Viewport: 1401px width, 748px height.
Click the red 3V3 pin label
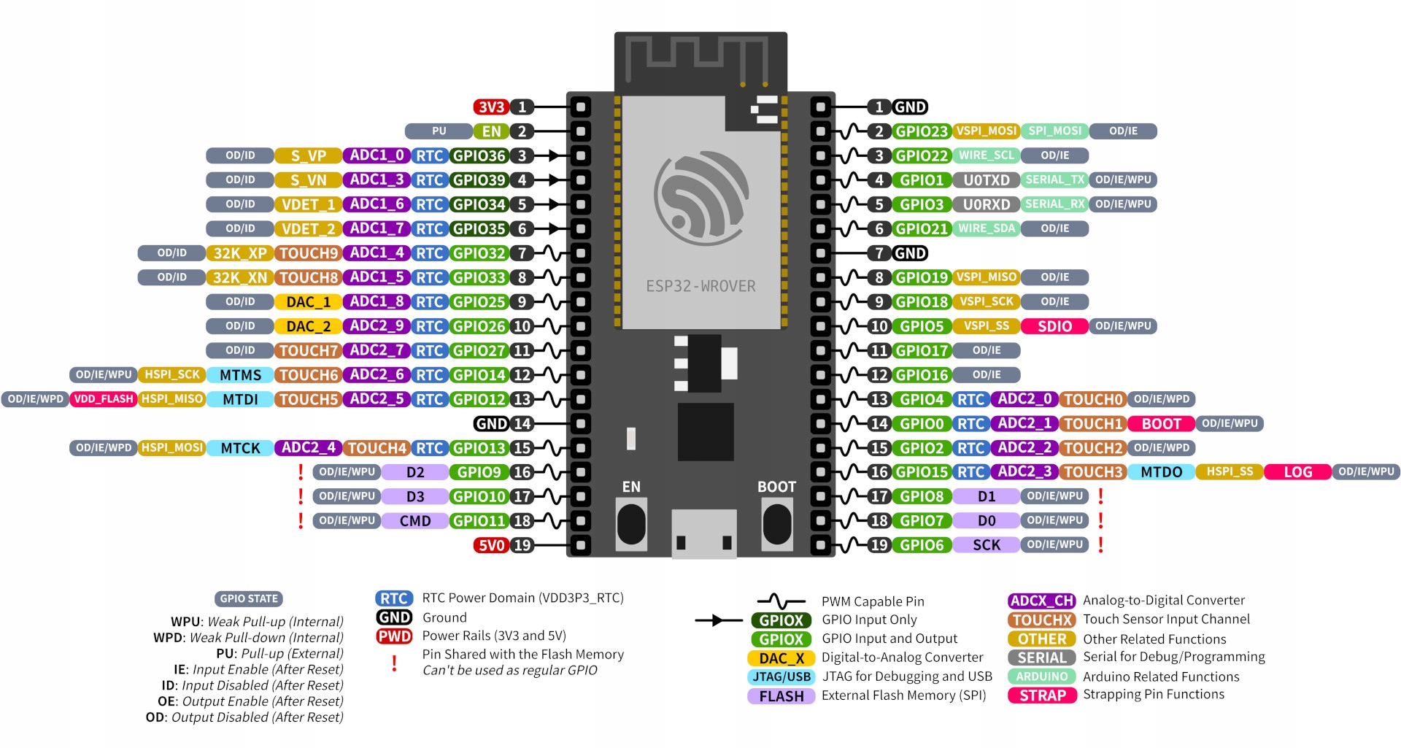(491, 107)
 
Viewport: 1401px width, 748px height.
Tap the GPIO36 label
(479, 155)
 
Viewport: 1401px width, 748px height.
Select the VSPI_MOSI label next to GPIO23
(986, 131)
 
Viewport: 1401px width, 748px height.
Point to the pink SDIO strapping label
(1054, 326)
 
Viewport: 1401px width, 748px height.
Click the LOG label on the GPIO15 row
(1297, 472)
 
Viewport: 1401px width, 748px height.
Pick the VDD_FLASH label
(104, 399)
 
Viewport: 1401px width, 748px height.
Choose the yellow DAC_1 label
(308, 302)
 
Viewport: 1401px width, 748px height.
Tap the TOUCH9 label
(309, 253)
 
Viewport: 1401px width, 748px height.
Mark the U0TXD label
(986, 180)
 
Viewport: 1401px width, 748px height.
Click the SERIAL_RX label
(1054, 204)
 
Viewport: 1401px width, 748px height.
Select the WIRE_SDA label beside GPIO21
(986, 229)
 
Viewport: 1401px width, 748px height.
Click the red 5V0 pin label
(491, 545)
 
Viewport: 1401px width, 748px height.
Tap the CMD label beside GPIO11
(414, 521)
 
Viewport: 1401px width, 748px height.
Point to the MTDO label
(1161, 472)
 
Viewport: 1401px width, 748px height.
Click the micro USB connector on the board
(703, 534)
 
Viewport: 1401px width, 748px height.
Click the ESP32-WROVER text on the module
(700, 286)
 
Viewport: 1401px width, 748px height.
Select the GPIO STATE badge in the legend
(249, 598)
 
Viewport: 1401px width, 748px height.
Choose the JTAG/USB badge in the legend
(781, 676)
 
